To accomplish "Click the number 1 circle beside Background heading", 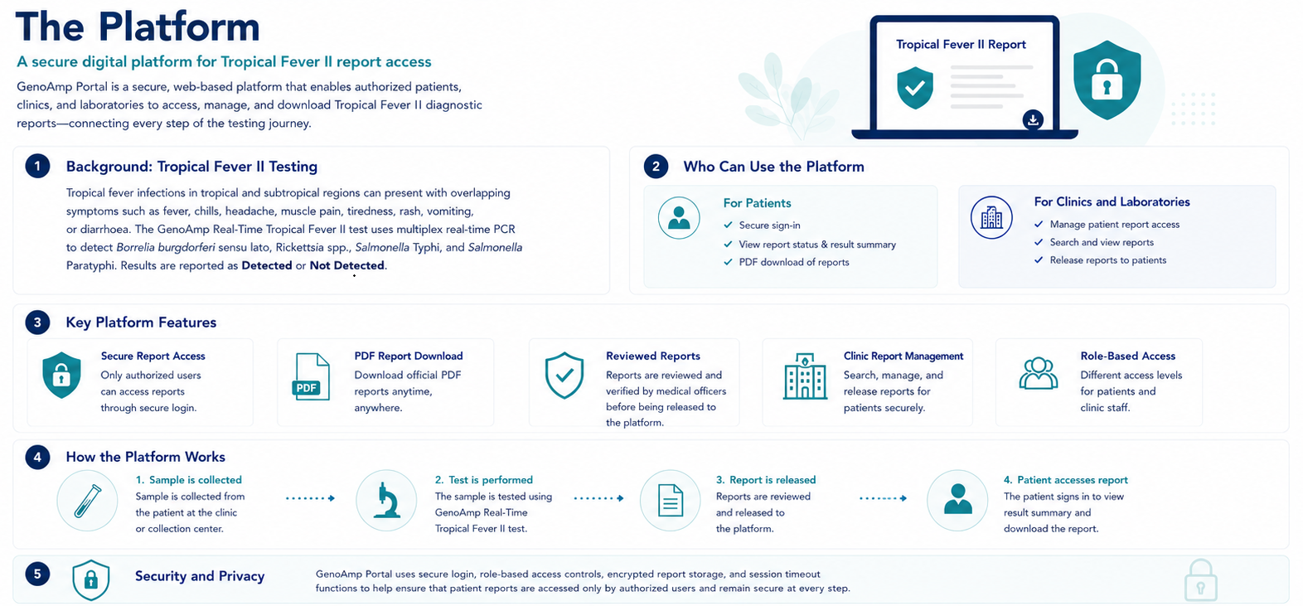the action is [x=37, y=167].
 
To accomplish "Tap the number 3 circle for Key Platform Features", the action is [x=37, y=322].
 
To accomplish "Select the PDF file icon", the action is [x=311, y=377].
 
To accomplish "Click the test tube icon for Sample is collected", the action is [x=87, y=500].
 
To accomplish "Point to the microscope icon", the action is [x=386, y=500].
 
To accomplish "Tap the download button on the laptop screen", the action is [x=1033, y=120].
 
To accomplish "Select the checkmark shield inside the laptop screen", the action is [x=915, y=87].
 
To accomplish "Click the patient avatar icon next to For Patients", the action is [x=679, y=218].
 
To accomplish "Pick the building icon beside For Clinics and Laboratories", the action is [x=991, y=217].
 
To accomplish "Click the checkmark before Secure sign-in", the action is [x=728, y=225].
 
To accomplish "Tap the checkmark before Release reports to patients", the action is [x=1039, y=260].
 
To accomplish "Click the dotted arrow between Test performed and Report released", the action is [x=598, y=498].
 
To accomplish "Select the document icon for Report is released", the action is [x=670, y=500].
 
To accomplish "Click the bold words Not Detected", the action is [x=346, y=266].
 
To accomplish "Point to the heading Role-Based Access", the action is [x=1127, y=356].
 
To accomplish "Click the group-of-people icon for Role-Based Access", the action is [x=1039, y=373].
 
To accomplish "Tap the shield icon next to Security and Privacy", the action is [x=90, y=579].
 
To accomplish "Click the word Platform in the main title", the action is [x=178, y=27].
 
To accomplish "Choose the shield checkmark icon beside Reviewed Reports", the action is [x=564, y=375].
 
